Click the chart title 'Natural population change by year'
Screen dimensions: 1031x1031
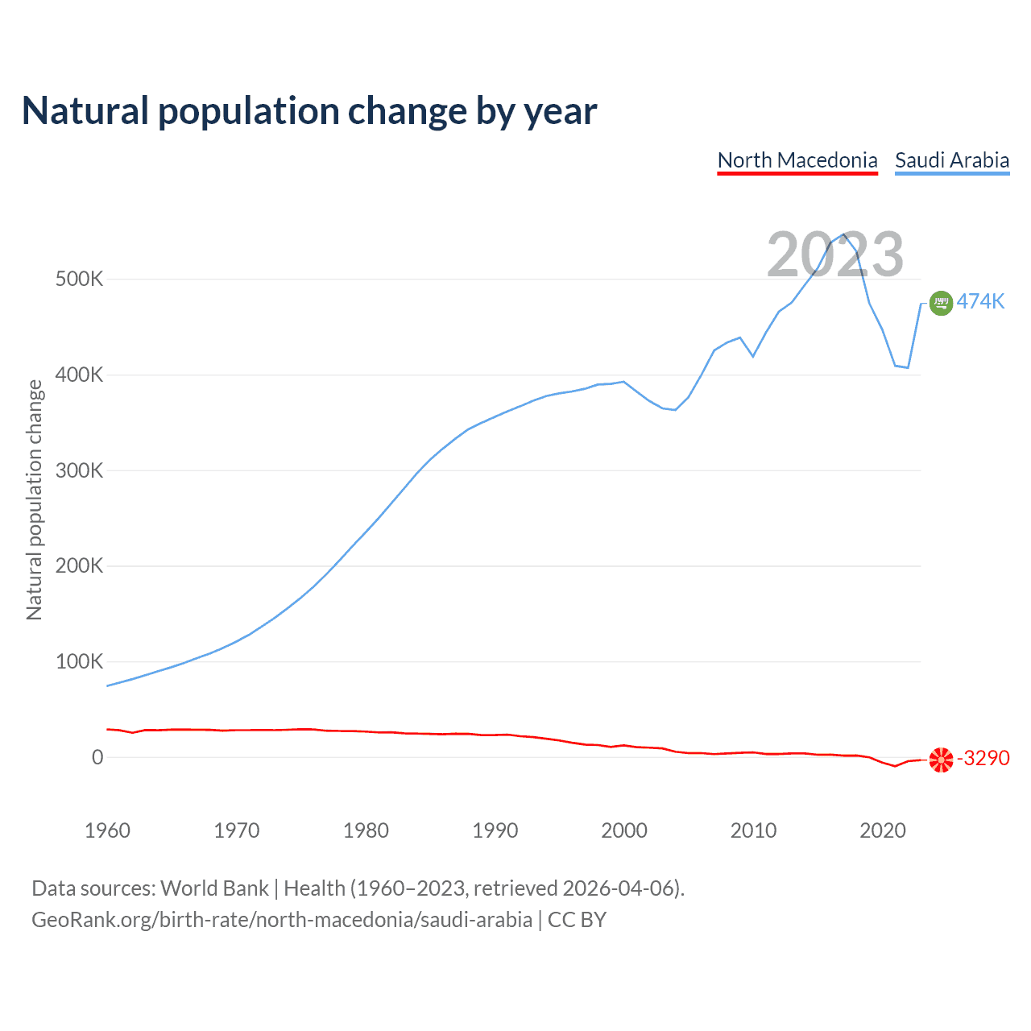309,111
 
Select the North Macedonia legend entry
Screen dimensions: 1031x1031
797,160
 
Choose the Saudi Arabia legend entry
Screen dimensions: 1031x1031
952,160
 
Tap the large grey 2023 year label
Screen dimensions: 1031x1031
835,255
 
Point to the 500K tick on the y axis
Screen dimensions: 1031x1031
80,279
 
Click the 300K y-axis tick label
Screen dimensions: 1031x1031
80,470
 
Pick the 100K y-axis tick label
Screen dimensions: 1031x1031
80,662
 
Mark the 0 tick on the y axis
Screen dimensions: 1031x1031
97,757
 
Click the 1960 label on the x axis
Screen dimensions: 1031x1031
107,830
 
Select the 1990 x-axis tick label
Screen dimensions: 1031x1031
495,830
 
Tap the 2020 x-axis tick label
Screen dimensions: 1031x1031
883,830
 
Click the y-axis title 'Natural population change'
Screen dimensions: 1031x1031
34,500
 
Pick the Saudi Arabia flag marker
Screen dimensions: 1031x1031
941,303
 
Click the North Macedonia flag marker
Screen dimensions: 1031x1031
941,760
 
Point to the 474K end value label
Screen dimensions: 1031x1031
980,301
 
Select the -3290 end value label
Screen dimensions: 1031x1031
983,759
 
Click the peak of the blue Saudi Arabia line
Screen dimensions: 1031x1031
843,235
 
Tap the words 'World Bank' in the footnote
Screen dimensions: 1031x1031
214,888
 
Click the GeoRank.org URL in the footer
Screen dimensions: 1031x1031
282,920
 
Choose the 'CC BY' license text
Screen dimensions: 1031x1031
577,920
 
